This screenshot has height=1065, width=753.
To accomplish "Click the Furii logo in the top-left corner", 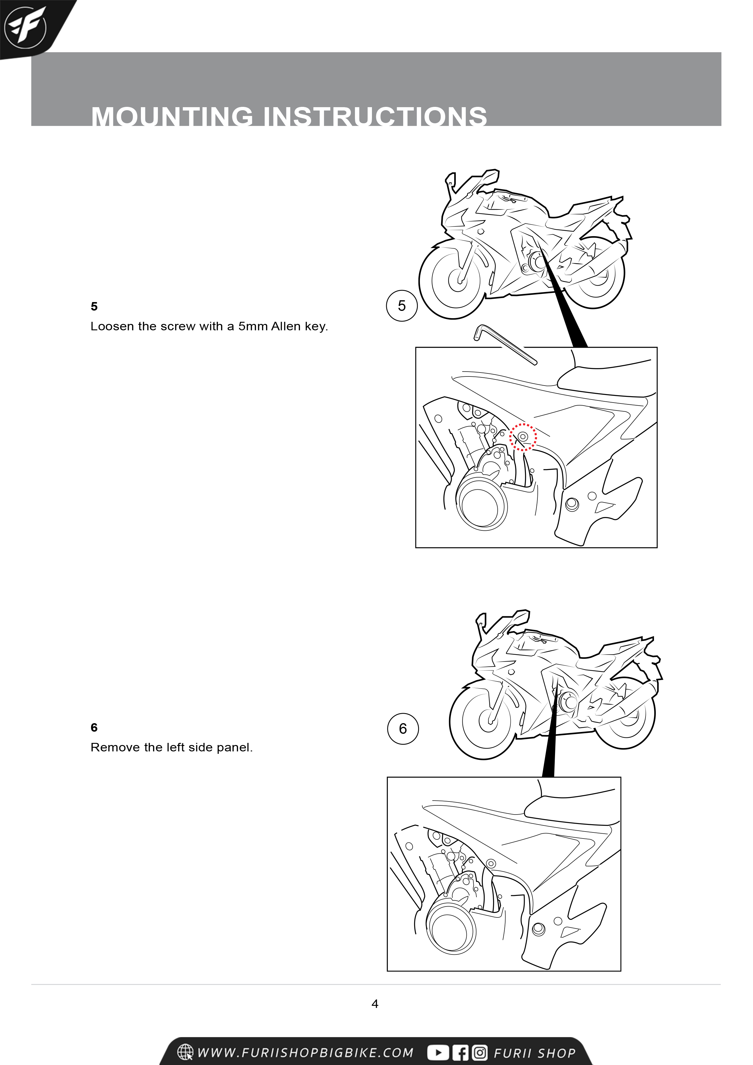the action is [25, 27].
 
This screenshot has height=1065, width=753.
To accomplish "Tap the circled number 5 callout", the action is [402, 306].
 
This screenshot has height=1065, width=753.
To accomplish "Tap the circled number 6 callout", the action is [403, 729].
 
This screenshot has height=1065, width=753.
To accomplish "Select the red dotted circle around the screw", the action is [523, 437].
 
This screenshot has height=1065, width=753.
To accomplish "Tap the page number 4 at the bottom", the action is [375, 1004].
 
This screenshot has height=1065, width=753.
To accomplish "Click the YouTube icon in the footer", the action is [438, 1053].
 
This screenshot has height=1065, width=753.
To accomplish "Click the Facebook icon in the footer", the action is [461, 1053].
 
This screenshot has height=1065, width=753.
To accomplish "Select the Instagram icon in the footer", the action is [480, 1053].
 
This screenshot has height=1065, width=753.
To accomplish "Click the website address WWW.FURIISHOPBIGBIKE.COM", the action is [305, 1053].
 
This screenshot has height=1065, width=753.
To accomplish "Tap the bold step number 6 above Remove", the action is [94, 727].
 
